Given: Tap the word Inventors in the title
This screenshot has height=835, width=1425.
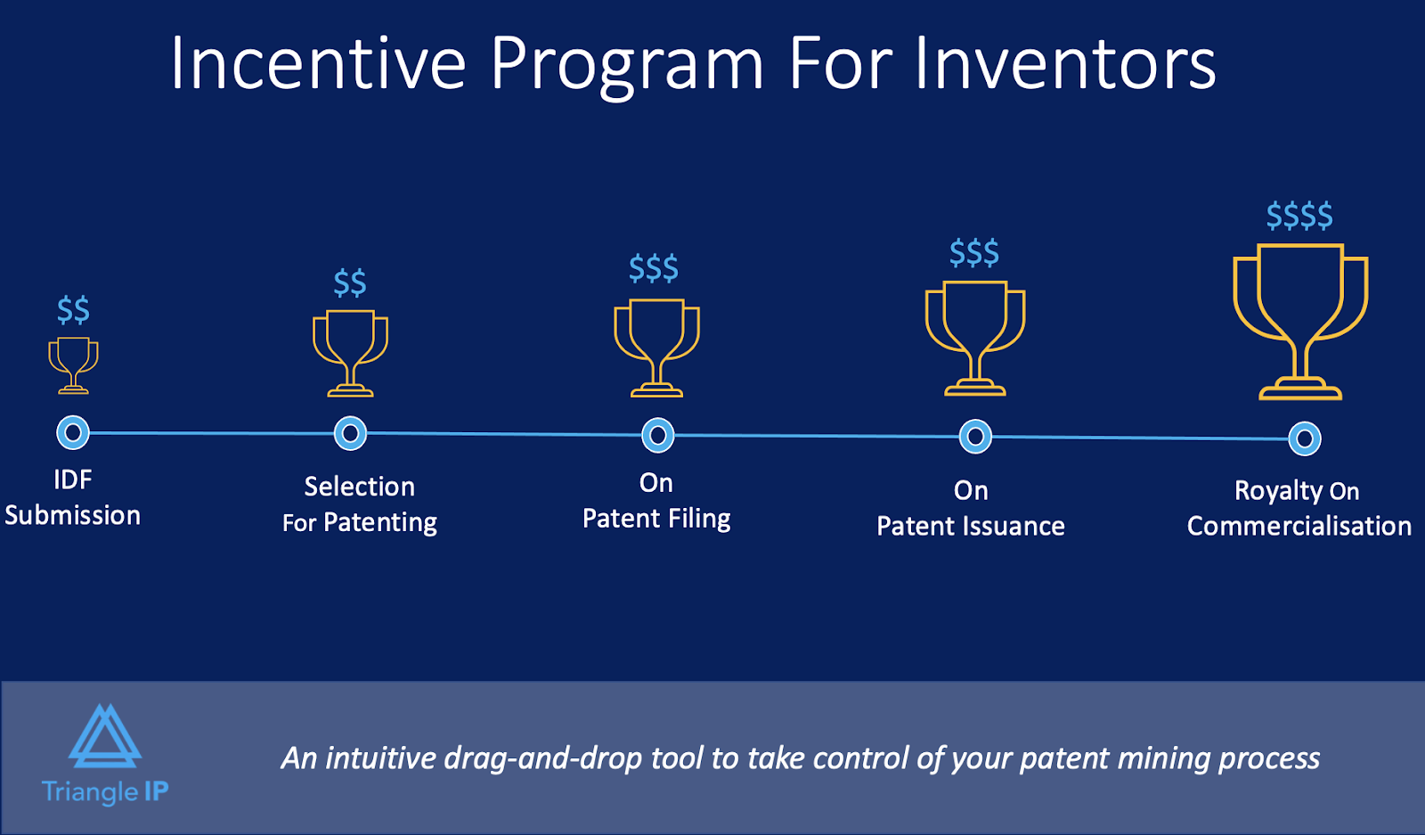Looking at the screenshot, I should pyautogui.click(x=1065, y=63).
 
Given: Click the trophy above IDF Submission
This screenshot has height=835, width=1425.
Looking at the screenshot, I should pyautogui.click(x=73, y=364).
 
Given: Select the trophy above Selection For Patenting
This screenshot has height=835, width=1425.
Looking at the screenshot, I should pyautogui.click(x=350, y=352).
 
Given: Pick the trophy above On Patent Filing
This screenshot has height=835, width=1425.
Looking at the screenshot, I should pyautogui.click(x=657, y=347).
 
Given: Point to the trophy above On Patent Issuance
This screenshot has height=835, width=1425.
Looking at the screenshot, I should pyautogui.click(x=975, y=338).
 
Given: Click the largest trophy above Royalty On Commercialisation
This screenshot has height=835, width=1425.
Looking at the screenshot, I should pyautogui.click(x=1300, y=321).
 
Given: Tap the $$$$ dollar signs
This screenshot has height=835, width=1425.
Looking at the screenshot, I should pyautogui.click(x=1299, y=216).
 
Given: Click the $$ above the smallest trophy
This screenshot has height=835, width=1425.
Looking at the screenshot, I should pyautogui.click(x=73, y=310).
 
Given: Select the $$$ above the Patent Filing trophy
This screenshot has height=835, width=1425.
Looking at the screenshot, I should pyautogui.click(x=654, y=268).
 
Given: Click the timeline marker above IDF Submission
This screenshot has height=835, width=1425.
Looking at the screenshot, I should pyautogui.click(x=73, y=433).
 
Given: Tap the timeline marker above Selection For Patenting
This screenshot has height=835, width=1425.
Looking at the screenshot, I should pyautogui.click(x=350, y=434).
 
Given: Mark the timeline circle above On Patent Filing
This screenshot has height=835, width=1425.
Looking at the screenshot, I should pyautogui.click(x=658, y=436).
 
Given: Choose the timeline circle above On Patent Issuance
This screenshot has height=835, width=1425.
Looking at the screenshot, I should pyautogui.click(x=975, y=437).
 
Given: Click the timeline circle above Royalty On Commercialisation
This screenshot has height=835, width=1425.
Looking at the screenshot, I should pyautogui.click(x=1305, y=438).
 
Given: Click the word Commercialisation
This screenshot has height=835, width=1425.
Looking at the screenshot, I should pyautogui.click(x=1299, y=527).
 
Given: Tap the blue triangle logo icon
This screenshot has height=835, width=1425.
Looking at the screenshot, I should pyautogui.click(x=105, y=737).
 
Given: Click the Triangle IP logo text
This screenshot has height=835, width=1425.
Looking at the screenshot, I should pyautogui.click(x=105, y=791).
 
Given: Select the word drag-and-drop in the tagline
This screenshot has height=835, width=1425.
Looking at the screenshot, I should pyautogui.click(x=542, y=758).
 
